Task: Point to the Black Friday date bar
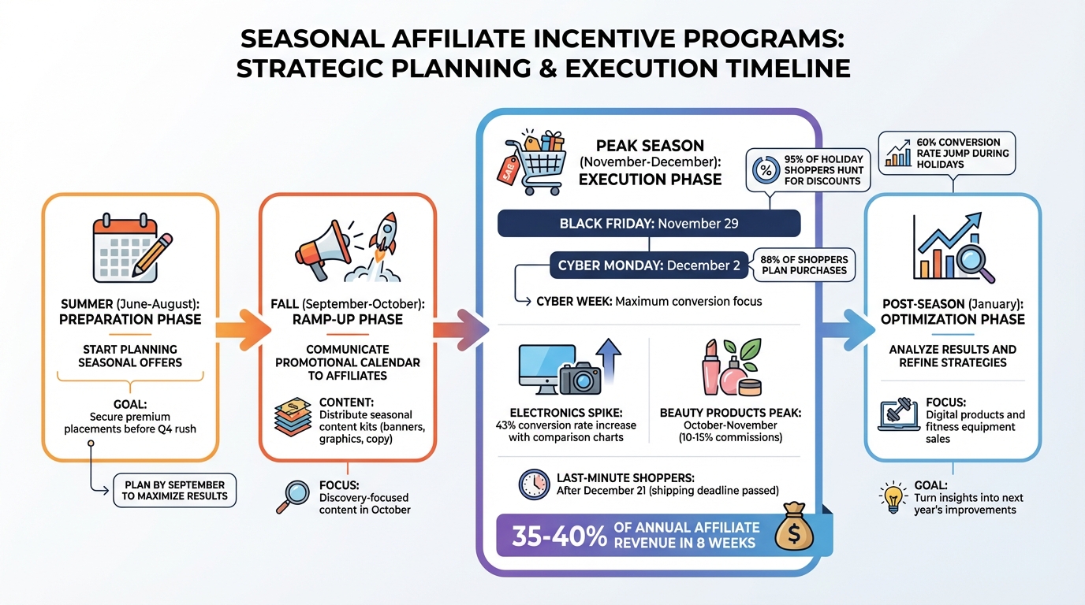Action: (649, 224)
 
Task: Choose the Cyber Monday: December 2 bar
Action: (649, 265)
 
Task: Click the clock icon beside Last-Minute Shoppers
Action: (534, 484)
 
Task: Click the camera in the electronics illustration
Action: (581, 379)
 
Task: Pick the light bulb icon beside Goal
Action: (893, 497)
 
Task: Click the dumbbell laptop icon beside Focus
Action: (898, 415)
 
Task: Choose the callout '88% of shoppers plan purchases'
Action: (803, 265)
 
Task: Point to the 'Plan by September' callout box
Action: (174, 490)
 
